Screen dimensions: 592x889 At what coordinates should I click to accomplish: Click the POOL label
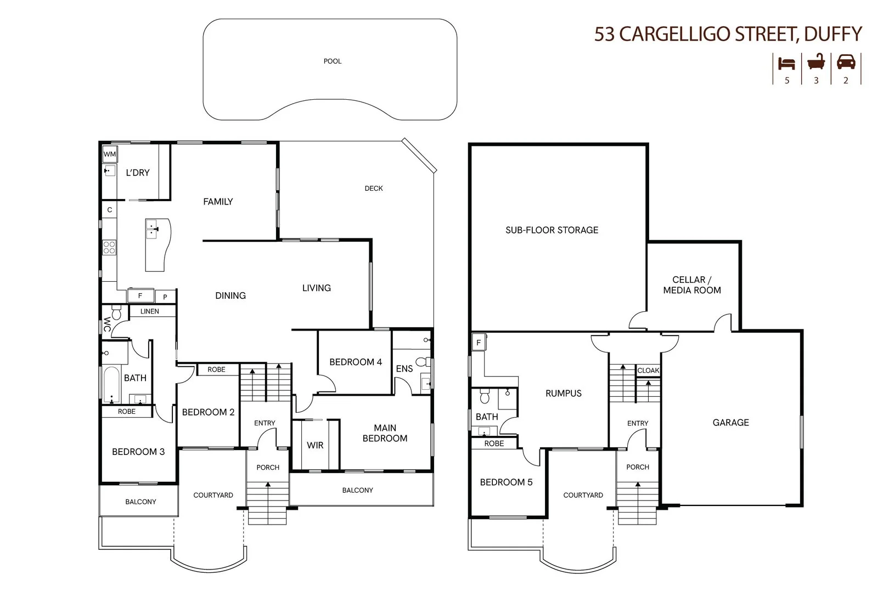[x=333, y=61]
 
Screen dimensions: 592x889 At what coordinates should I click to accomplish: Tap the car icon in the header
[x=846, y=62]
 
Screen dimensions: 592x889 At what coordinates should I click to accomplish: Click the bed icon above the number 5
[x=786, y=63]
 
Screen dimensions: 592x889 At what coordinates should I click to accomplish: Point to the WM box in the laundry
[x=110, y=155]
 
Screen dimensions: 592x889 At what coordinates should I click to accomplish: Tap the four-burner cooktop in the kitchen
[x=109, y=247]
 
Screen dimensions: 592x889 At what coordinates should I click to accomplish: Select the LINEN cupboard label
[x=149, y=311]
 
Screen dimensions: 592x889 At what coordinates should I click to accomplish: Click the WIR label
[x=315, y=445]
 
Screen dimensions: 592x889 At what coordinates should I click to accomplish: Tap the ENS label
[x=404, y=369]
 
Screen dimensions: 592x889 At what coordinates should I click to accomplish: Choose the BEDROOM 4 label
[x=356, y=362]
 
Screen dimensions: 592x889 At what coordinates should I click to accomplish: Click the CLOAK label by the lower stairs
[x=648, y=371]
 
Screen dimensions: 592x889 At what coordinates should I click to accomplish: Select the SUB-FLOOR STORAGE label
[x=552, y=230]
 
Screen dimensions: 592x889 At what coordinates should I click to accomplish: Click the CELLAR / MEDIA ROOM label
[x=691, y=285]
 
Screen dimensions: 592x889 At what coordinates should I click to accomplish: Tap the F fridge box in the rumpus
[x=479, y=343]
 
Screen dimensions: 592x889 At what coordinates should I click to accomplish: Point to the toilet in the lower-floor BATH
[x=485, y=395]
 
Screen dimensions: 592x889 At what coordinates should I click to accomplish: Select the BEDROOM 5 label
[x=506, y=482]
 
